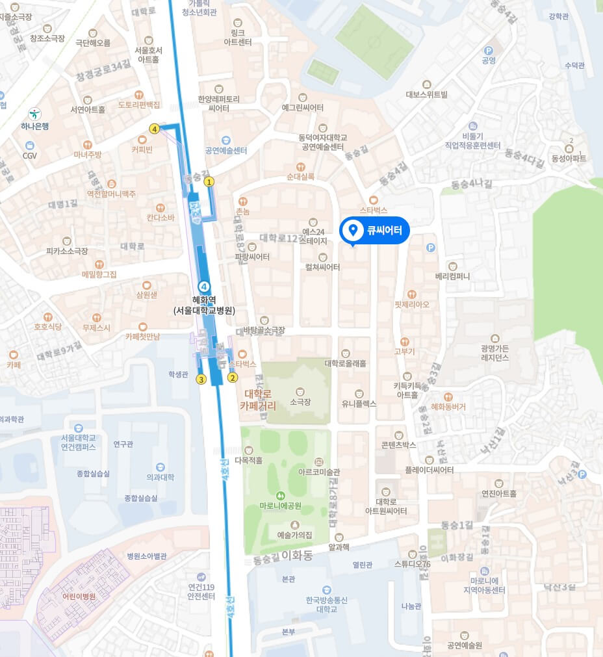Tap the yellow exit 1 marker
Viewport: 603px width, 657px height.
point(209,183)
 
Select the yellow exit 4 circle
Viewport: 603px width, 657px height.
point(154,129)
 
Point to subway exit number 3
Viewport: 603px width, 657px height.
point(201,380)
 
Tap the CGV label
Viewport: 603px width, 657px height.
point(30,155)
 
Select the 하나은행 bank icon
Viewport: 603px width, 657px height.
point(34,113)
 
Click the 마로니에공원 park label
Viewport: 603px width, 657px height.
point(281,506)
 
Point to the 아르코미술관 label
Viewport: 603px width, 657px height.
point(318,472)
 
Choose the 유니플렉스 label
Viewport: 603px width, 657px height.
point(359,403)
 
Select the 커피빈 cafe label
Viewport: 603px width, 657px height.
point(142,149)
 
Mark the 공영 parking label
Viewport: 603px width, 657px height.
point(489,60)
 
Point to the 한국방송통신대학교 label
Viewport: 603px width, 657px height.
point(327,604)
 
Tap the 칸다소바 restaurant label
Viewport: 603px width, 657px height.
point(160,217)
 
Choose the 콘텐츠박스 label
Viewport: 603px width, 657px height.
point(399,444)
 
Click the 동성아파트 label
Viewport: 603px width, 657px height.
point(569,158)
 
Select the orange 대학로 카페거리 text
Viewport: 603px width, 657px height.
point(258,400)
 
